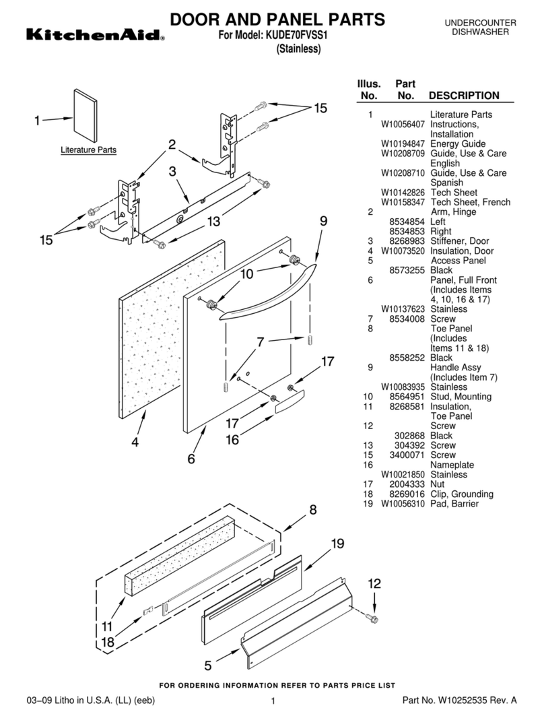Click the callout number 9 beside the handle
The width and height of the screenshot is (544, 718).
pyautogui.click(x=323, y=221)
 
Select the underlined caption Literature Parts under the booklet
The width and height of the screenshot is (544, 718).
pyautogui.click(x=88, y=150)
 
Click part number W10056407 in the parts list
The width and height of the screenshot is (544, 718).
pyautogui.click(x=403, y=125)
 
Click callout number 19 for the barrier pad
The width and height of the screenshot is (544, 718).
pyautogui.click(x=337, y=544)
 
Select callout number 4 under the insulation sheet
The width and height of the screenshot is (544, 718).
pyautogui.click(x=135, y=443)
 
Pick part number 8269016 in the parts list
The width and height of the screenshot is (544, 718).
pyautogui.click(x=407, y=494)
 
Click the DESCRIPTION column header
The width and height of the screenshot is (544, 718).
pyautogui.click(x=464, y=96)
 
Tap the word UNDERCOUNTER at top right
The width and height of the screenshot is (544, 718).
pyautogui.click(x=481, y=23)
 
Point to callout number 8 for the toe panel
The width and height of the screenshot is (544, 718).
pyautogui.click(x=312, y=510)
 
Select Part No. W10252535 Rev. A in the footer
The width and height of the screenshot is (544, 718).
pyautogui.click(x=459, y=700)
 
